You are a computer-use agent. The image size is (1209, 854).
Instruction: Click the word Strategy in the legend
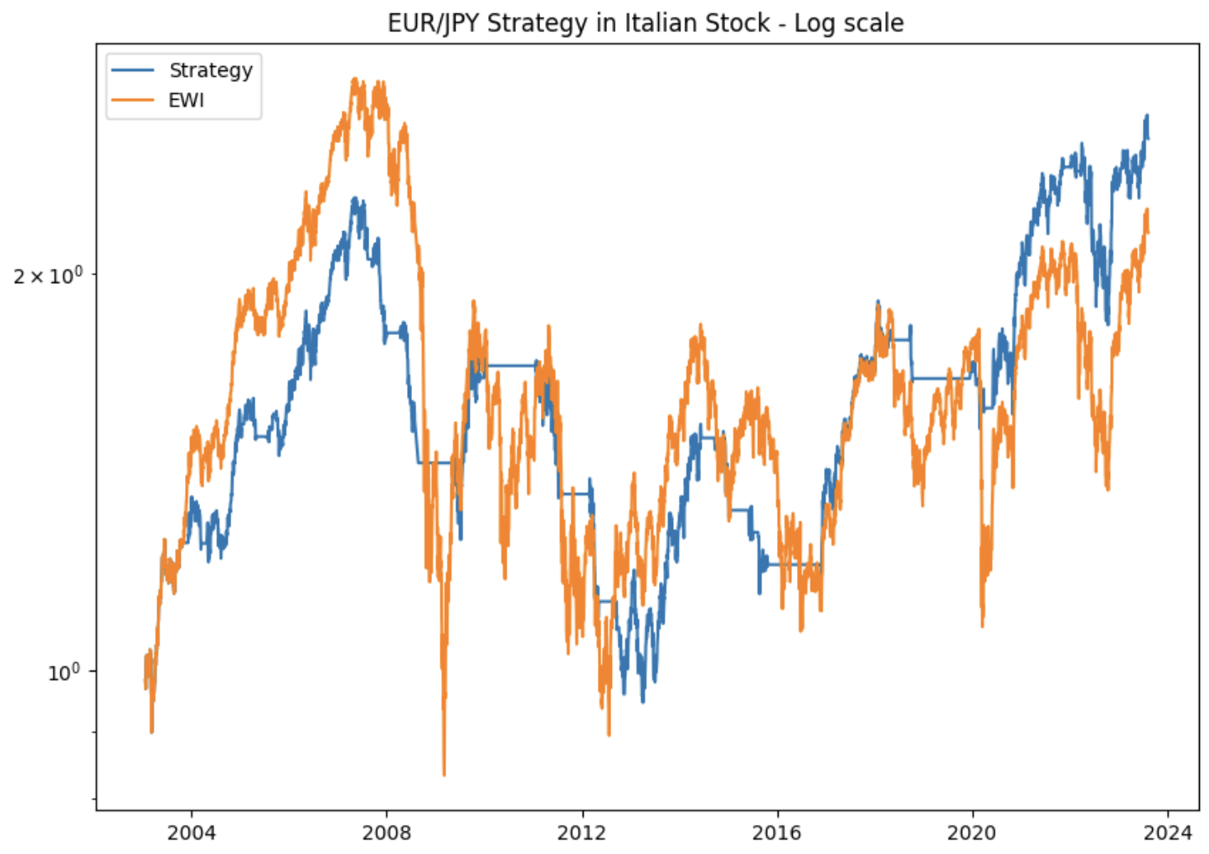(x=210, y=70)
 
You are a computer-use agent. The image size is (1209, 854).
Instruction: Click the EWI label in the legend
(x=186, y=100)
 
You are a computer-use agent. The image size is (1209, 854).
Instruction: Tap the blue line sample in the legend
(x=133, y=70)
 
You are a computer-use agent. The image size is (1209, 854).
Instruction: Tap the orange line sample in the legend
(x=133, y=100)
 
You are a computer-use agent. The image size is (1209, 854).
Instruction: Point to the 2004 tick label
(x=191, y=832)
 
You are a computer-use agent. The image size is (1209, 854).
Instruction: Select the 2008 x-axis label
(x=386, y=832)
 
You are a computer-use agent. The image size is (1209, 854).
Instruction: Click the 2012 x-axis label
(x=582, y=832)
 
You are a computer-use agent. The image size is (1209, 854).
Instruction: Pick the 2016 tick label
(x=777, y=832)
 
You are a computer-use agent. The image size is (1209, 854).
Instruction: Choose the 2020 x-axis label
(x=972, y=832)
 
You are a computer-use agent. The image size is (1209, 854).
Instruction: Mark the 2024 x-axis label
(x=1167, y=832)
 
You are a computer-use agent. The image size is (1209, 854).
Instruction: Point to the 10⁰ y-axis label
(x=65, y=671)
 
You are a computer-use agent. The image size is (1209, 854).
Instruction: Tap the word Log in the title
(x=811, y=23)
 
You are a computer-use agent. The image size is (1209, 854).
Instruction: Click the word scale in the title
(x=875, y=23)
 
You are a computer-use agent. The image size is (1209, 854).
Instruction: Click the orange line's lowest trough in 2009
(x=444, y=774)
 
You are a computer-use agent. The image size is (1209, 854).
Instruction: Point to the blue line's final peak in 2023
(x=1146, y=116)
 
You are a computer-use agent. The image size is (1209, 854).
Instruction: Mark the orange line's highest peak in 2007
(x=355, y=80)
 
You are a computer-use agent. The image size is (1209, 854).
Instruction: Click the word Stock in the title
(x=738, y=23)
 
